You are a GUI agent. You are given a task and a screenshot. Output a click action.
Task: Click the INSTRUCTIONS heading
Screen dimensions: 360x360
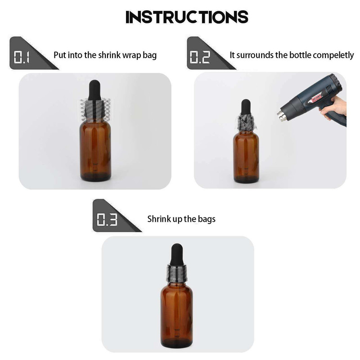click(187, 17)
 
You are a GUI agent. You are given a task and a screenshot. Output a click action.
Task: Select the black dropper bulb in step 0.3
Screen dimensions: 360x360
click(177, 254)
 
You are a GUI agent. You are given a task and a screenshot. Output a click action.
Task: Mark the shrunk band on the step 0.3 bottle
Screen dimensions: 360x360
click(177, 273)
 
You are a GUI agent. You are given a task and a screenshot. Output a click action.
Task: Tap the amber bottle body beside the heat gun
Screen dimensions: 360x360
click(246, 157)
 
